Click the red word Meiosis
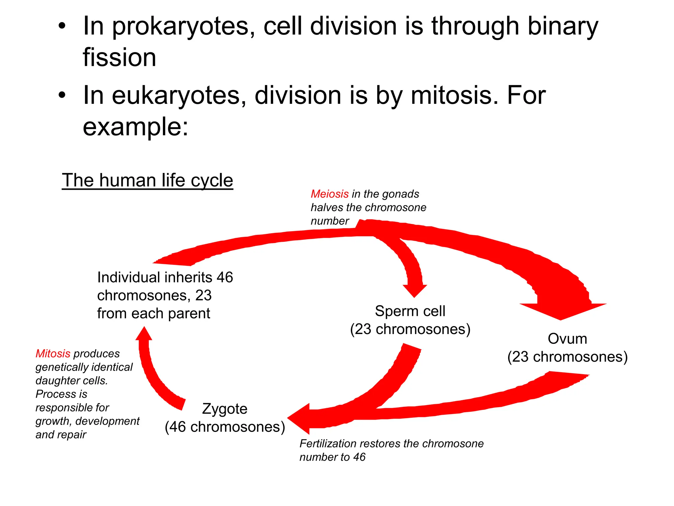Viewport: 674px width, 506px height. coord(329,194)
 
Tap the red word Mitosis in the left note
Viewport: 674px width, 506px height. coord(53,353)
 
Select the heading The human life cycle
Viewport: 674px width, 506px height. coord(147,180)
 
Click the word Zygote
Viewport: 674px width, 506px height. coord(224,409)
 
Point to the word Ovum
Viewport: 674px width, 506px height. coord(567,339)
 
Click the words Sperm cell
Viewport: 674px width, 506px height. coord(410,311)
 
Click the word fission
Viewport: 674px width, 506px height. coord(119,58)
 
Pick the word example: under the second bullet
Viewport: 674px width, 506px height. coord(135,127)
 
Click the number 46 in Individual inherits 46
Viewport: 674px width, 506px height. coord(224,277)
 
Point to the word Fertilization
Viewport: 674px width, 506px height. coord(328,444)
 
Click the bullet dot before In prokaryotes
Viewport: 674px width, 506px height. coord(62,26)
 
